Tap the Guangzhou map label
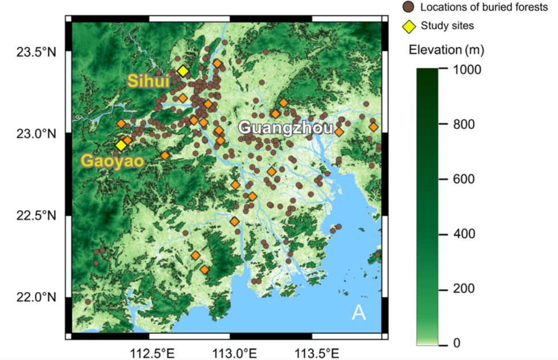[285, 127]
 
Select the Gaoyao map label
[112, 161]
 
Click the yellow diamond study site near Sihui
[183, 71]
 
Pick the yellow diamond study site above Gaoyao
[121, 145]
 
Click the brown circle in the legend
[408, 7]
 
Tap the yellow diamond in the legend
[408, 25]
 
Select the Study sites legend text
[447, 25]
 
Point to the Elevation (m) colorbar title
[446, 50]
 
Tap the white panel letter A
[359, 313]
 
